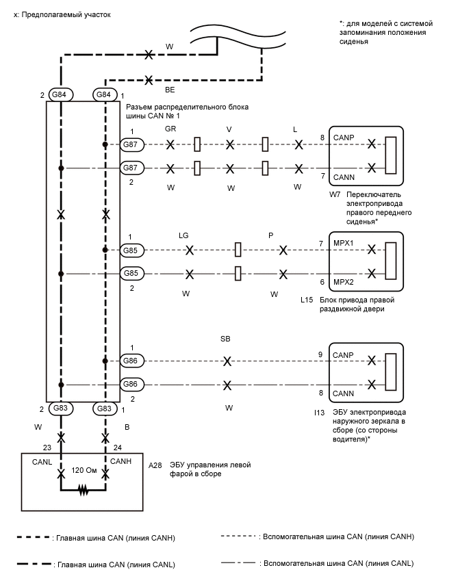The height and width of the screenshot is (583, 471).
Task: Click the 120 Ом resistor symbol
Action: [84, 491]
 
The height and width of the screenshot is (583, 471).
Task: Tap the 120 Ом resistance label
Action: [84, 470]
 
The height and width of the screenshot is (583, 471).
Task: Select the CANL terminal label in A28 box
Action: [42, 462]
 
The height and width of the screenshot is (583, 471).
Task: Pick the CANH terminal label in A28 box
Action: [120, 461]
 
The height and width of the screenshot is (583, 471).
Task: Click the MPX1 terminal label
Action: [344, 243]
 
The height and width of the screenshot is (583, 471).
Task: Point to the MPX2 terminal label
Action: [344, 282]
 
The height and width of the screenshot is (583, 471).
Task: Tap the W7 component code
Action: [335, 194]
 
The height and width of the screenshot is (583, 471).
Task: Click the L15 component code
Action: [307, 300]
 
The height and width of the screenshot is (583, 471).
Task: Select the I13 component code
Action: [319, 413]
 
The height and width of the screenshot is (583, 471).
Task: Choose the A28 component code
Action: [155, 465]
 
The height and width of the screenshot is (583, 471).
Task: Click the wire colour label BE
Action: [170, 90]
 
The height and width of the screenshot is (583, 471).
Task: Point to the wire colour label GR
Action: [170, 129]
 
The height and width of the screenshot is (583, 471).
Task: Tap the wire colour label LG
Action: [183, 235]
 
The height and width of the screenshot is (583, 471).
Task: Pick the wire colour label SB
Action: [225, 339]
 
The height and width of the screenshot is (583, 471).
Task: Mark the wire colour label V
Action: [229, 129]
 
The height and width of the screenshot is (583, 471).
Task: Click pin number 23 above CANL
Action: [47, 448]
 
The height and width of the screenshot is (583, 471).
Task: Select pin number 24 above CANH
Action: [118, 448]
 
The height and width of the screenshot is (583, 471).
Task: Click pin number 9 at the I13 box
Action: [320, 354]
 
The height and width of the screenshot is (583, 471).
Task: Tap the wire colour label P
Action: [271, 235]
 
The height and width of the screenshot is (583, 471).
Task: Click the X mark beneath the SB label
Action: [227, 361]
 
